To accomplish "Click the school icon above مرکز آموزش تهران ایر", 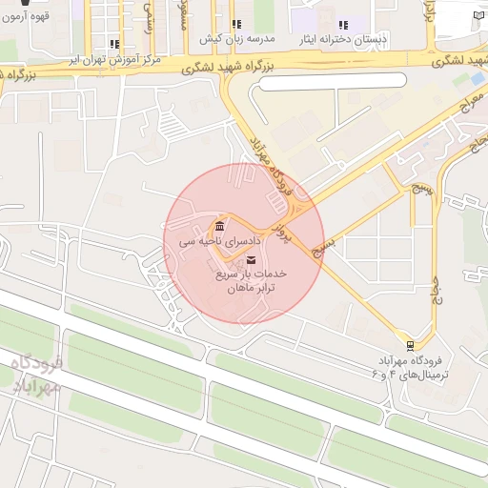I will click(114, 44).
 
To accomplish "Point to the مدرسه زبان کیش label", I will click(236, 40).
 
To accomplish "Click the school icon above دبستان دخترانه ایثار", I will click(343, 25).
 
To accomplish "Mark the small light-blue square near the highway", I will click(477, 79).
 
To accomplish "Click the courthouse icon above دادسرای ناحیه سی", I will click(220, 227).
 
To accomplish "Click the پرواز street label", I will click(280, 224).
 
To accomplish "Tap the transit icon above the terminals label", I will click(410, 344).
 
